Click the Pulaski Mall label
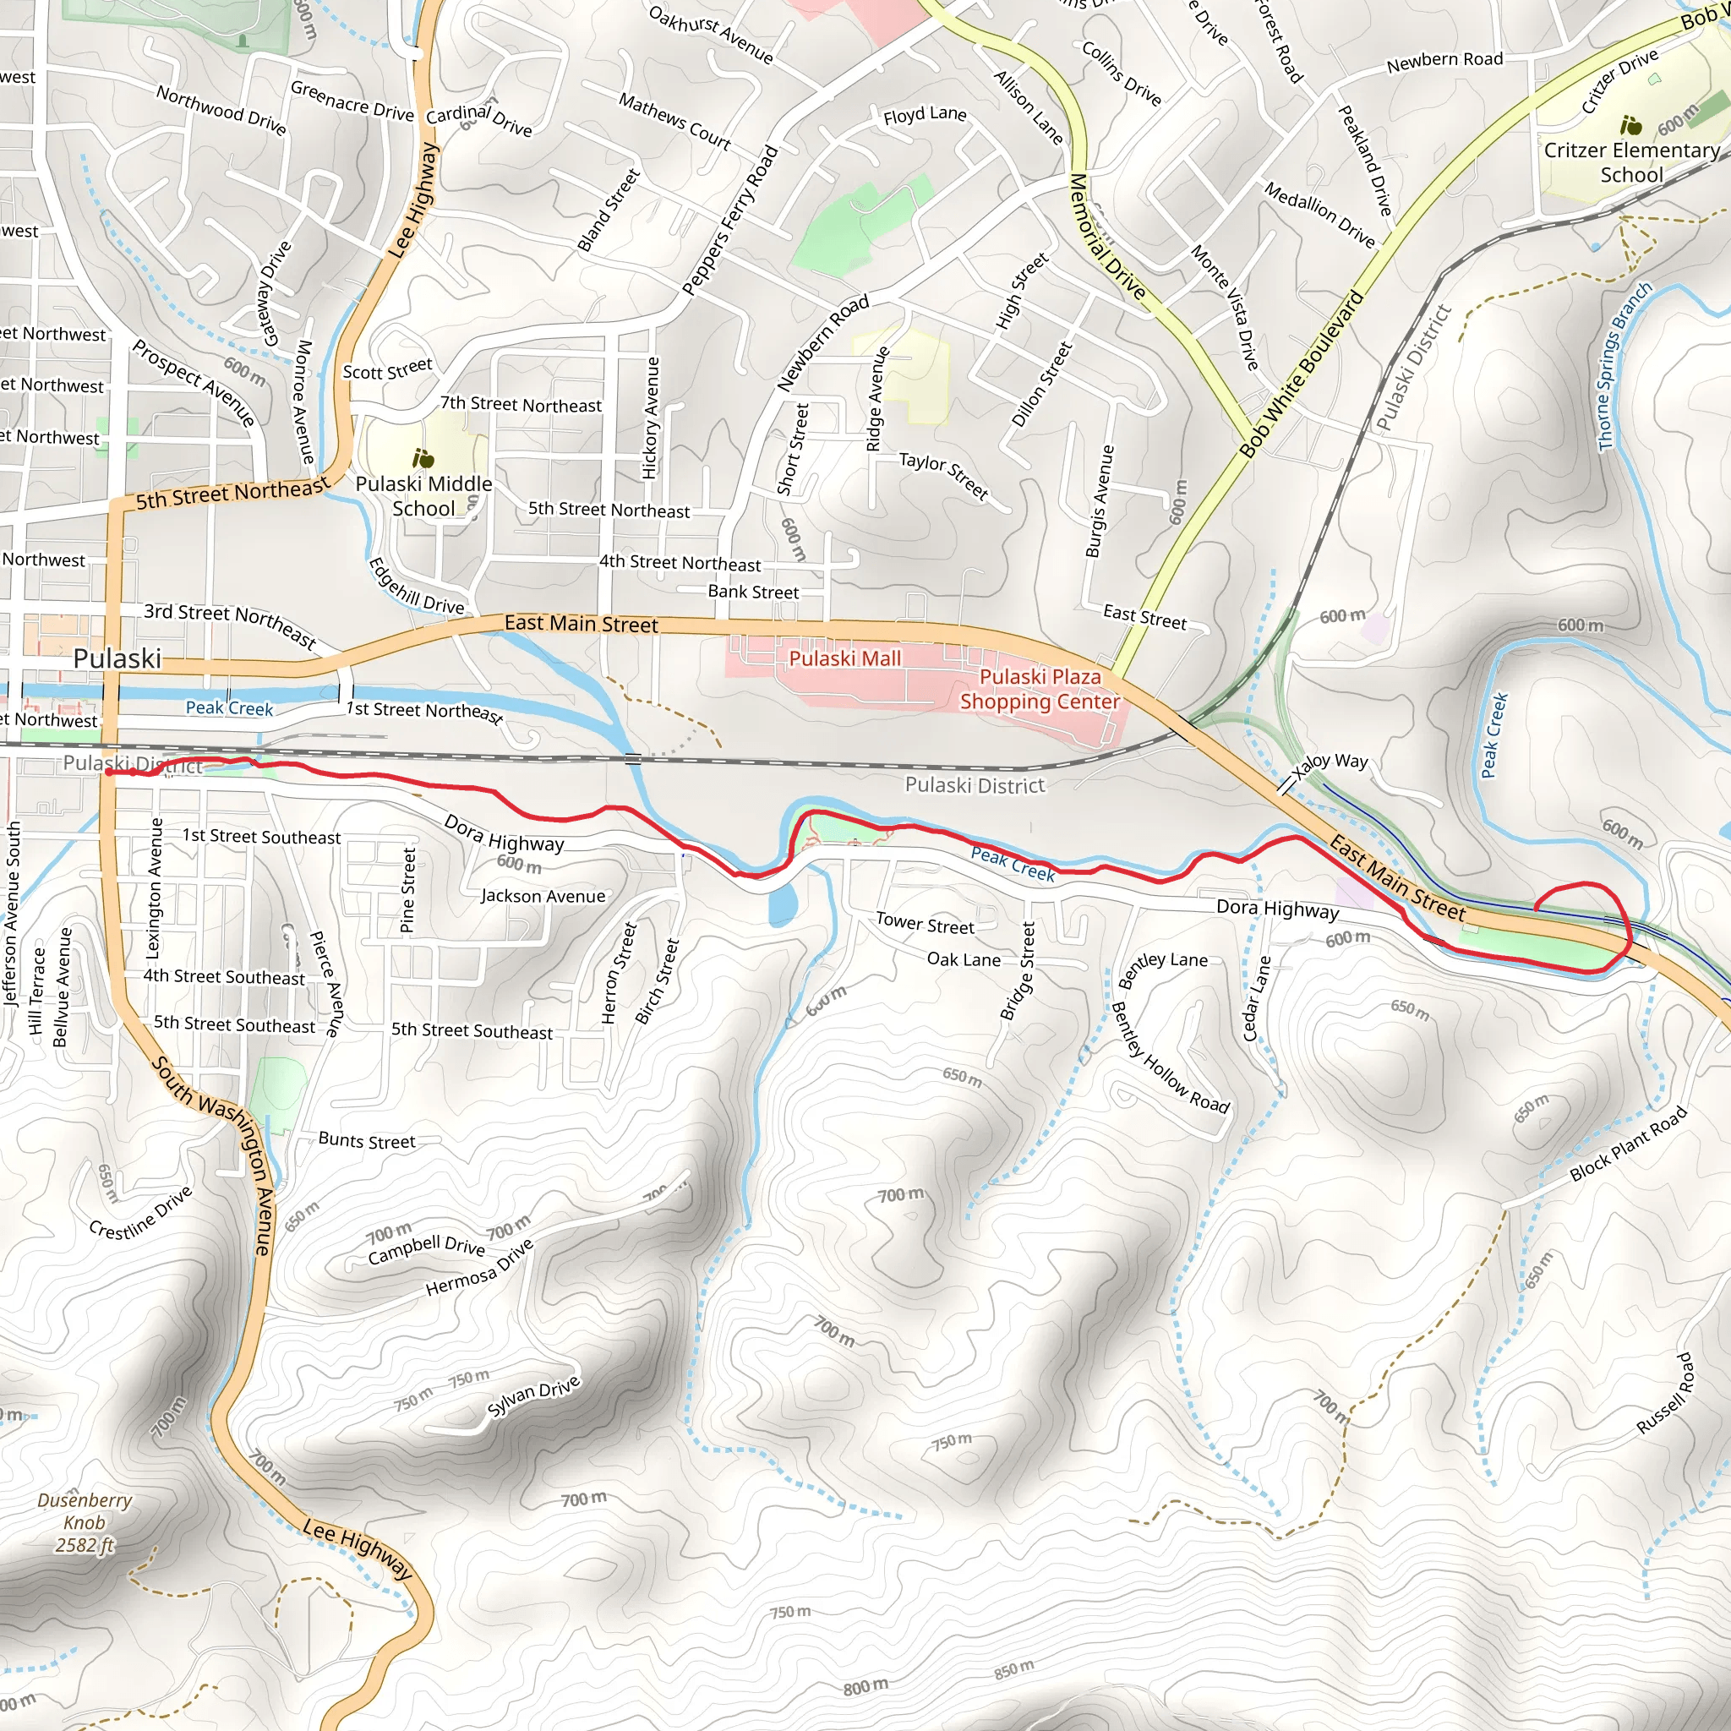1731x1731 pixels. point(844,658)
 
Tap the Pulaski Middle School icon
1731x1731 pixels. point(423,459)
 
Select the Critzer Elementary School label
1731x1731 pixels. point(1630,162)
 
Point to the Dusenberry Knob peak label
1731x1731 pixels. point(85,1522)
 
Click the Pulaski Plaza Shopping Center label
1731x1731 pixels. point(1040,689)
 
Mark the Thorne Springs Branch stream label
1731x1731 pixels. point(1624,367)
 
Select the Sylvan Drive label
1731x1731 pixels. point(534,1397)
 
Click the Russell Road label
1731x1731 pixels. point(1665,1394)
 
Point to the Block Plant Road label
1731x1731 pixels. point(1628,1144)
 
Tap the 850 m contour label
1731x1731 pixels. point(1013,1670)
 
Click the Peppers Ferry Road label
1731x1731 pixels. point(730,221)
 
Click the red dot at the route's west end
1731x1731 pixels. point(108,772)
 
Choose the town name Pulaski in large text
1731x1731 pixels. point(117,658)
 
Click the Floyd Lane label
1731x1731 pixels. point(925,115)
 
